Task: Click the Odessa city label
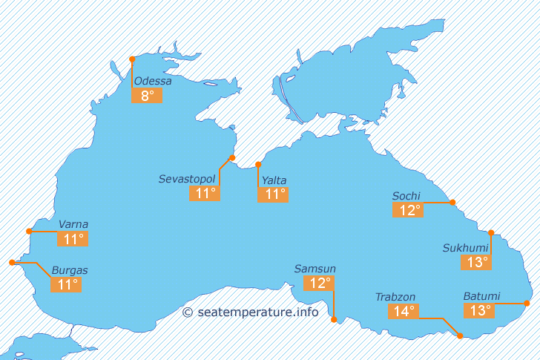[x=153, y=81]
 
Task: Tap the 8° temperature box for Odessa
[x=147, y=96]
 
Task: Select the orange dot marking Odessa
[x=132, y=59]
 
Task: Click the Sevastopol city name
[x=187, y=180]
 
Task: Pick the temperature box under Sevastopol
[x=205, y=194]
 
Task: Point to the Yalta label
[x=274, y=180]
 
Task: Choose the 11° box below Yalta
[x=272, y=194]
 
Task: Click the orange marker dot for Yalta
[x=258, y=165]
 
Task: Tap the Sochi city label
[x=406, y=196]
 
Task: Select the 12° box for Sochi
[x=408, y=210]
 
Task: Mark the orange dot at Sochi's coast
[x=452, y=202]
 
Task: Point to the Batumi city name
[x=482, y=296]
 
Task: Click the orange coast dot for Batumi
[x=527, y=303]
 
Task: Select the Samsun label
[x=315, y=269]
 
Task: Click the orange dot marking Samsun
[x=334, y=320]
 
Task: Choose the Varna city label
[x=73, y=224]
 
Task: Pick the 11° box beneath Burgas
[x=65, y=284]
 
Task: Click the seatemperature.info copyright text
[x=251, y=312]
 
